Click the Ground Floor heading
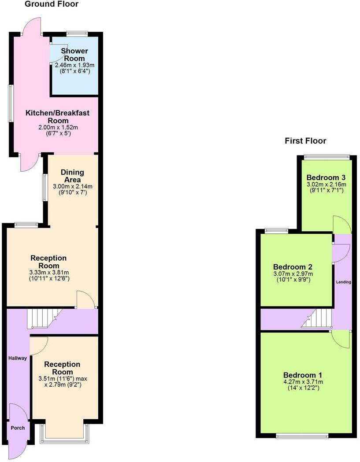[51, 4]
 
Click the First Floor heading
[305, 141]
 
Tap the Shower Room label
[74, 55]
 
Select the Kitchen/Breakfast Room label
[57, 117]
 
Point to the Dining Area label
[72, 176]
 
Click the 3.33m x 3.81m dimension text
[49, 272]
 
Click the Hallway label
[18, 358]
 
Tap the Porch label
[18, 428]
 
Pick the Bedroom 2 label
[293, 267]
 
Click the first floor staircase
[317, 318]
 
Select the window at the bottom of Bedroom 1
[302, 436]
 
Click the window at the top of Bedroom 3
[327, 156]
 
